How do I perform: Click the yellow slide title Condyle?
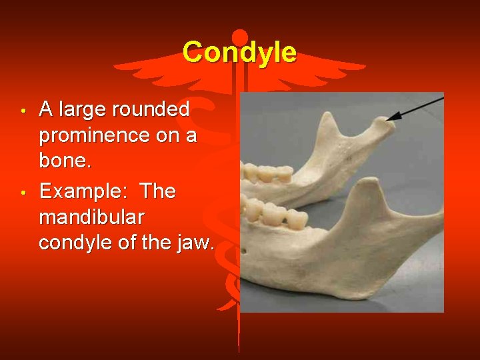pos(239,52)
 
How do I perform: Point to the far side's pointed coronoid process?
pos(328,121)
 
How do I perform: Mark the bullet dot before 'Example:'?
pos(23,193)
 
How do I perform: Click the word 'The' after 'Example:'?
pos(158,191)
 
